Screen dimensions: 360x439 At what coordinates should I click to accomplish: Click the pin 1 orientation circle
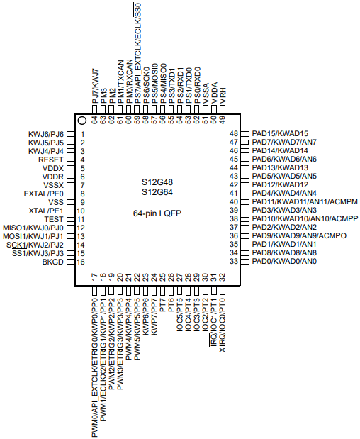click(82, 121)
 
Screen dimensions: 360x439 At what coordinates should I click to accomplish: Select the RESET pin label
click(51, 160)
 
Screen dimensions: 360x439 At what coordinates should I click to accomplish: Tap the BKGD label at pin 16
click(53, 262)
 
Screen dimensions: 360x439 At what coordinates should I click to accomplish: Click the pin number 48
click(234, 134)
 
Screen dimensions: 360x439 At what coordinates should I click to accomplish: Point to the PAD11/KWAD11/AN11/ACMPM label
click(305, 202)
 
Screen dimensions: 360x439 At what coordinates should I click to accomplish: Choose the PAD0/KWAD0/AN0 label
click(284, 262)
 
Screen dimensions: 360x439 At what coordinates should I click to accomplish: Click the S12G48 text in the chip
click(157, 182)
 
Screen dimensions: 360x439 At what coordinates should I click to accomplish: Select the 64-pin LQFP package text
click(157, 213)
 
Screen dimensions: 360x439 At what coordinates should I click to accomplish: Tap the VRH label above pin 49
click(223, 96)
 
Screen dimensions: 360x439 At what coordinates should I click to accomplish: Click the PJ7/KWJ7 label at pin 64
click(95, 87)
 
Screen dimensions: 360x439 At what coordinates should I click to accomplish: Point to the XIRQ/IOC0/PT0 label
click(223, 326)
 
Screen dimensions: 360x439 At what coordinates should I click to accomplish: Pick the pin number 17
click(95, 277)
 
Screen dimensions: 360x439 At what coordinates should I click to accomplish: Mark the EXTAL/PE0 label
click(44, 194)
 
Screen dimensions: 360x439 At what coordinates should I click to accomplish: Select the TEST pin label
click(54, 220)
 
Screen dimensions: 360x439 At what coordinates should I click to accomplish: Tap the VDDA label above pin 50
click(215, 93)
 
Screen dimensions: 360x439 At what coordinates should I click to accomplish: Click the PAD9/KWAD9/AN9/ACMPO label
click(299, 236)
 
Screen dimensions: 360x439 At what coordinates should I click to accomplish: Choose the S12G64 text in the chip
click(157, 192)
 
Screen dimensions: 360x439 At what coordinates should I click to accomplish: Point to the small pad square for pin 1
click(71, 134)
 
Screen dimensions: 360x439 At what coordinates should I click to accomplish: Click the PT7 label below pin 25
click(163, 306)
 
